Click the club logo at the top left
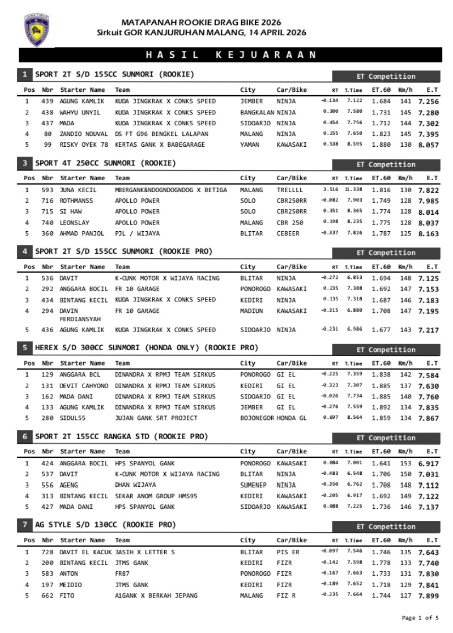(37, 28)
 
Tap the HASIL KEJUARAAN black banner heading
(230, 55)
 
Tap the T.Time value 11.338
(355, 190)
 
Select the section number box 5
(25, 347)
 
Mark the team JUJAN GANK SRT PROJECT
(156, 418)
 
